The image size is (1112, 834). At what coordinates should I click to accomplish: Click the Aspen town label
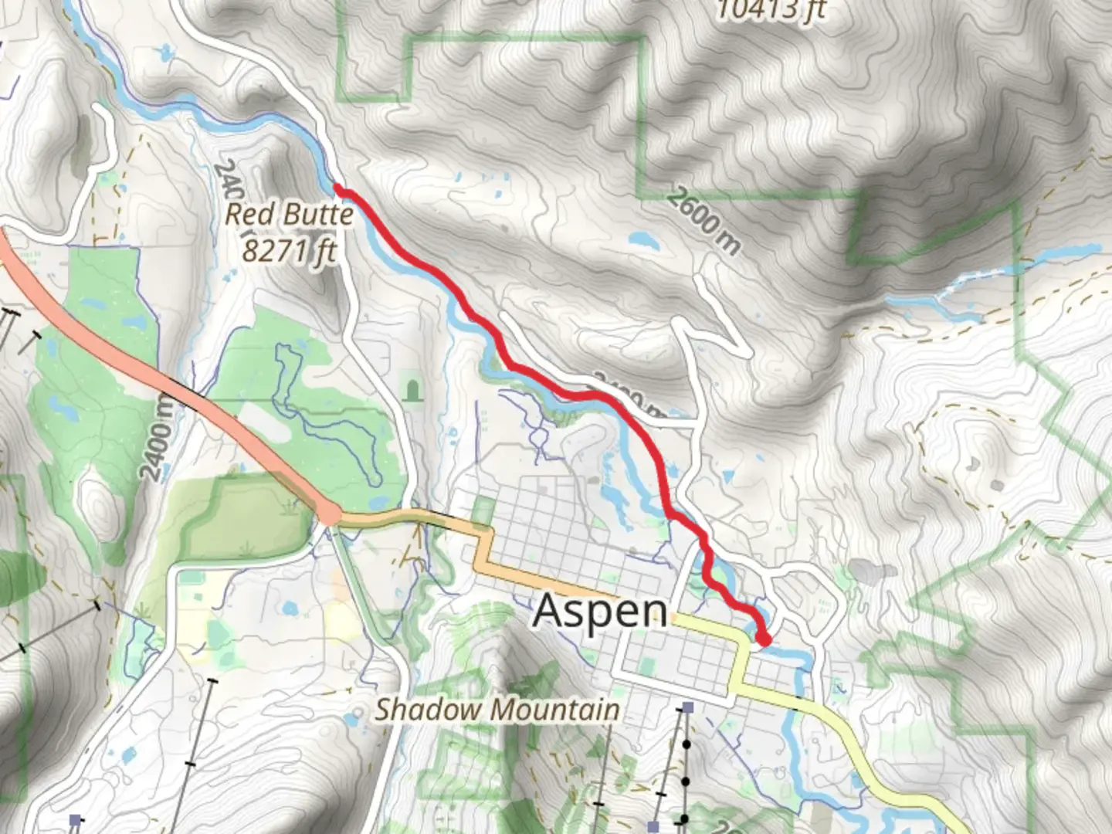600,610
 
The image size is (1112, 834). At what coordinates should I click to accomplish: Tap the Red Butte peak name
289,214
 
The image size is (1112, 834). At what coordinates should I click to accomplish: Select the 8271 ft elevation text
289,249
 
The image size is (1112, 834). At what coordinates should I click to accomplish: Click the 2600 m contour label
703,221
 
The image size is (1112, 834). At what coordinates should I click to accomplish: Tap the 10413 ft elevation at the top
770,10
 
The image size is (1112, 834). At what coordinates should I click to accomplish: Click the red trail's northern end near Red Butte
338,188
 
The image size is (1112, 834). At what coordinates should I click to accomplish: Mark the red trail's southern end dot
764,639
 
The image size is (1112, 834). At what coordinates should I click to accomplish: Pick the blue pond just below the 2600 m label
643,241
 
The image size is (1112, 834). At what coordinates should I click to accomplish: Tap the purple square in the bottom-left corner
75,819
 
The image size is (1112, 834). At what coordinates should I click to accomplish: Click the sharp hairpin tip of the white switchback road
697,280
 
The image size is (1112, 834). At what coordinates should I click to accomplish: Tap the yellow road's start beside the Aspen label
678,619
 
